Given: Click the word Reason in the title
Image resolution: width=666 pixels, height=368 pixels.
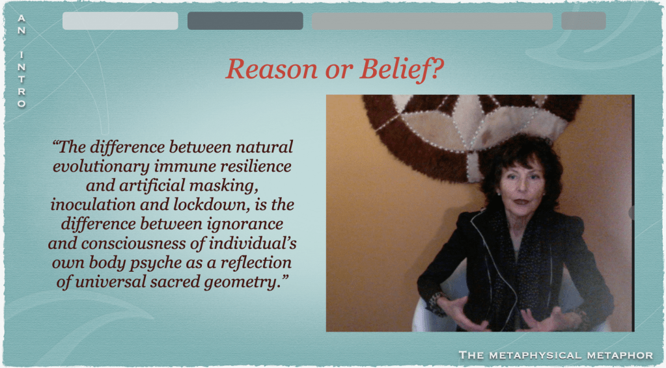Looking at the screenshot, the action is [x=271, y=69].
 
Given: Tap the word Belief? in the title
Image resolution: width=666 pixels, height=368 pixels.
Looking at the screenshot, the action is [x=402, y=69].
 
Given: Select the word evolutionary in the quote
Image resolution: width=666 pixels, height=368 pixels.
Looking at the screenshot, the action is [x=101, y=166].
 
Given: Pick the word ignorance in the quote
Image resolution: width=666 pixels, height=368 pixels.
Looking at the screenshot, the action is [x=245, y=224].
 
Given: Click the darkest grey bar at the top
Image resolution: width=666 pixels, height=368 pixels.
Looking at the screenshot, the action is [x=245, y=21].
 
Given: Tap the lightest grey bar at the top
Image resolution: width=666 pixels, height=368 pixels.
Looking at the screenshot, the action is [x=120, y=21].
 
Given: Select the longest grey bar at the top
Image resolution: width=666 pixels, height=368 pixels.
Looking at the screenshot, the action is [x=432, y=21].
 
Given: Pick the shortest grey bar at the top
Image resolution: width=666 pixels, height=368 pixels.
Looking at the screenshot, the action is [x=583, y=21].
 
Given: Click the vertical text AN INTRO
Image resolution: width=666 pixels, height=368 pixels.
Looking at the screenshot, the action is [x=21, y=61].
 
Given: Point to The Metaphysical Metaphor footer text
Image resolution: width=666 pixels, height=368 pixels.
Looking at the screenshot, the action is [x=556, y=355].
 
